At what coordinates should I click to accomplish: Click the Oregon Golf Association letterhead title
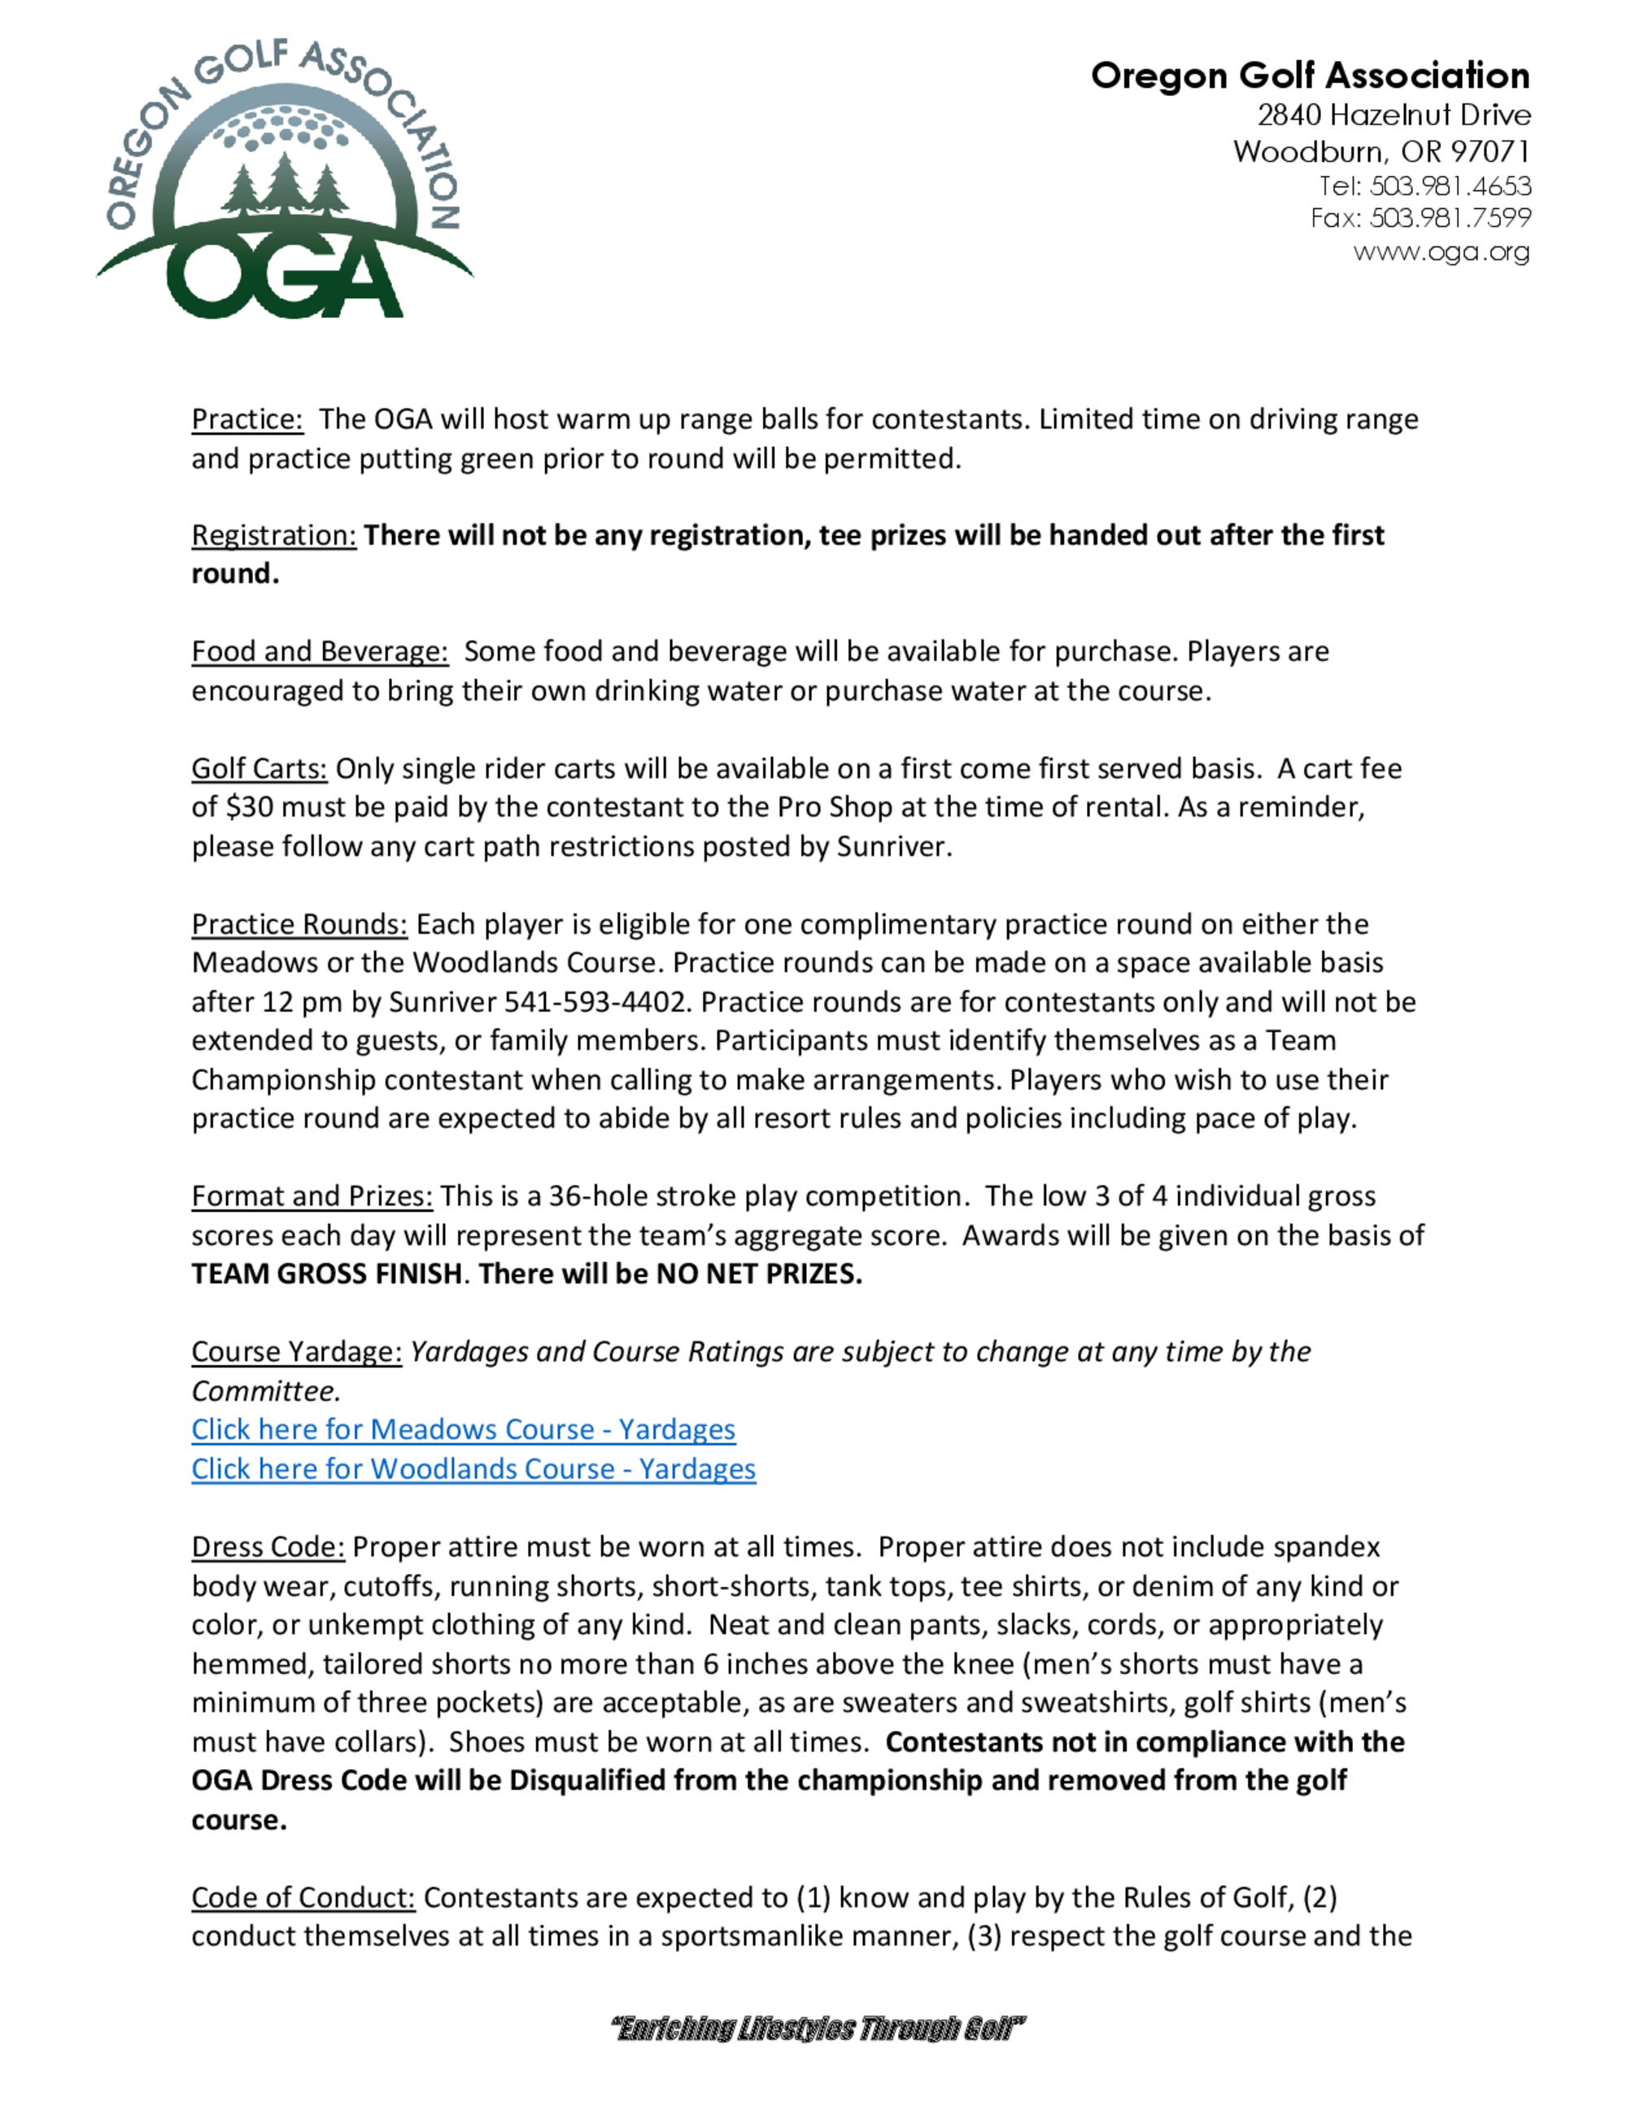point(1309,75)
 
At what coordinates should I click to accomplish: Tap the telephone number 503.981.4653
point(1450,185)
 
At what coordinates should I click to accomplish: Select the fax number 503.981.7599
point(1450,218)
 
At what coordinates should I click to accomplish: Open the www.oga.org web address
point(1440,251)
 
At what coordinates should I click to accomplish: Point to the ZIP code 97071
point(1490,151)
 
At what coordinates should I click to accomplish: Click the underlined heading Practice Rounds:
point(299,923)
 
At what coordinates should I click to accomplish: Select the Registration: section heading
point(273,535)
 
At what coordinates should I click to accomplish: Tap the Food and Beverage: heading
point(319,652)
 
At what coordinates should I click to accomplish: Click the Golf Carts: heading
point(260,768)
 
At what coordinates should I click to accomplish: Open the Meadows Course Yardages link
point(463,1428)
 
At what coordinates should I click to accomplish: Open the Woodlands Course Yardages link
point(473,1468)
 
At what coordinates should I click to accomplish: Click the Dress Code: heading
point(267,1547)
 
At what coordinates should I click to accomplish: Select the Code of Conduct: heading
point(303,1897)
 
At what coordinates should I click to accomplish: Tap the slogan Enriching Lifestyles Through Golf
point(818,2029)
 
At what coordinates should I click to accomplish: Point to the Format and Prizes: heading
point(312,1196)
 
